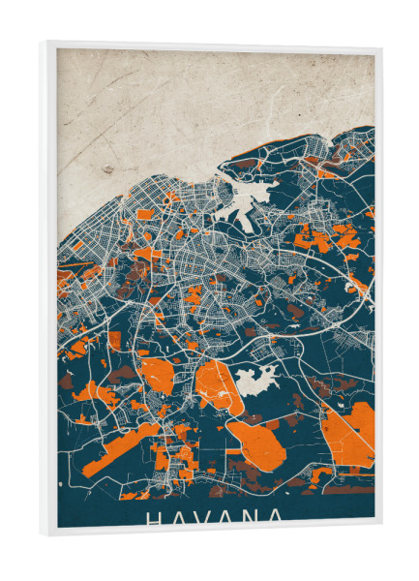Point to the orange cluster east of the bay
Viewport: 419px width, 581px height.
tap(319, 237)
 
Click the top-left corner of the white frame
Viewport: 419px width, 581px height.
tap(43, 44)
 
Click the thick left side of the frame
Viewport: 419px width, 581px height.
tap(47, 290)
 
